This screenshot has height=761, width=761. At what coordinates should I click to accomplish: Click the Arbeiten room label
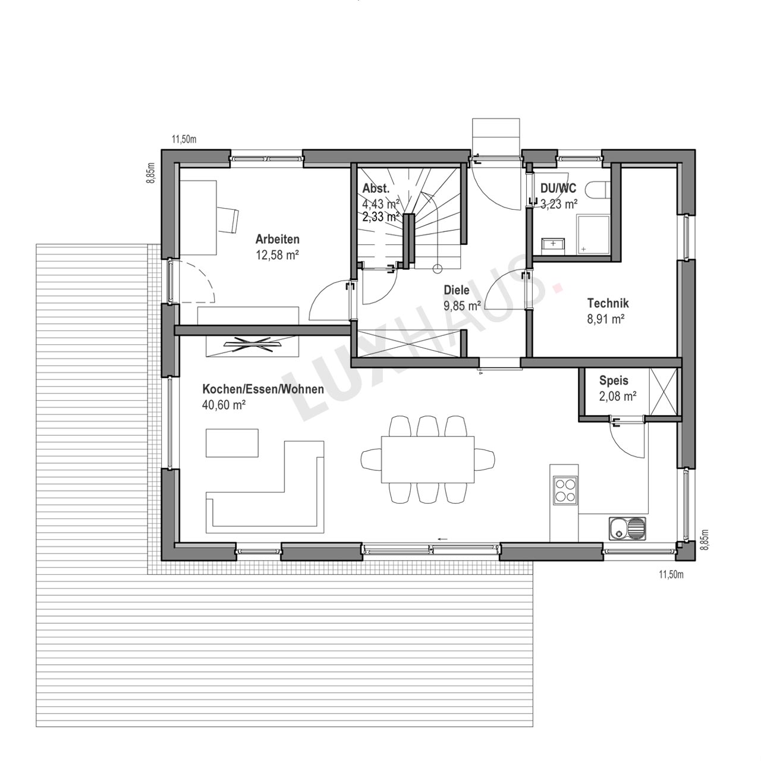pyautogui.click(x=277, y=240)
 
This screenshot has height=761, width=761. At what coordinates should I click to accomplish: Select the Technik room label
pyautogui.click(x=608, y=303)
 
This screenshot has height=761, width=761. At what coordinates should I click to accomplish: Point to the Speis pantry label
pyautogui.click(x=614, y=380)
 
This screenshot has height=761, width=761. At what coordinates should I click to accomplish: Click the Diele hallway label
pyautogui.click(x=457, y=290)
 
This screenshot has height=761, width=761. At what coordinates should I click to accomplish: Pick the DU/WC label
pyautogui.click(x=558, y=188)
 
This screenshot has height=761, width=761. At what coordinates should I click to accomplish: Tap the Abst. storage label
pyautogui.click(x=376, y=188)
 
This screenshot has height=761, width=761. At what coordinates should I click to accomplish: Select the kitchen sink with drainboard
pyautogui.click(x=627, y=528)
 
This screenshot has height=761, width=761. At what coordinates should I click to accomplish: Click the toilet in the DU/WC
pyautogui.click(x=598, y=189)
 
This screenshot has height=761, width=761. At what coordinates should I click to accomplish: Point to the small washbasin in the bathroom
pyautogui.click(x=554, y=245)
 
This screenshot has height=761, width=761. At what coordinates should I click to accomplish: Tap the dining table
pyautogui.click(x=427, y=460)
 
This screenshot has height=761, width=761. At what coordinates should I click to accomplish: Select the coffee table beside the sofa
pyautogui.click(x=232, y=443)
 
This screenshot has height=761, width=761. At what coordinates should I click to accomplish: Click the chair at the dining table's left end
pyautogui.click(x=371, y=460)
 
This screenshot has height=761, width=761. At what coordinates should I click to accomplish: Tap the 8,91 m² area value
pyautogui.click(x=605, y=319)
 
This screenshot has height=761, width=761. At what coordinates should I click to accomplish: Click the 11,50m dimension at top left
pyautogui.click(x=184, y=139)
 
